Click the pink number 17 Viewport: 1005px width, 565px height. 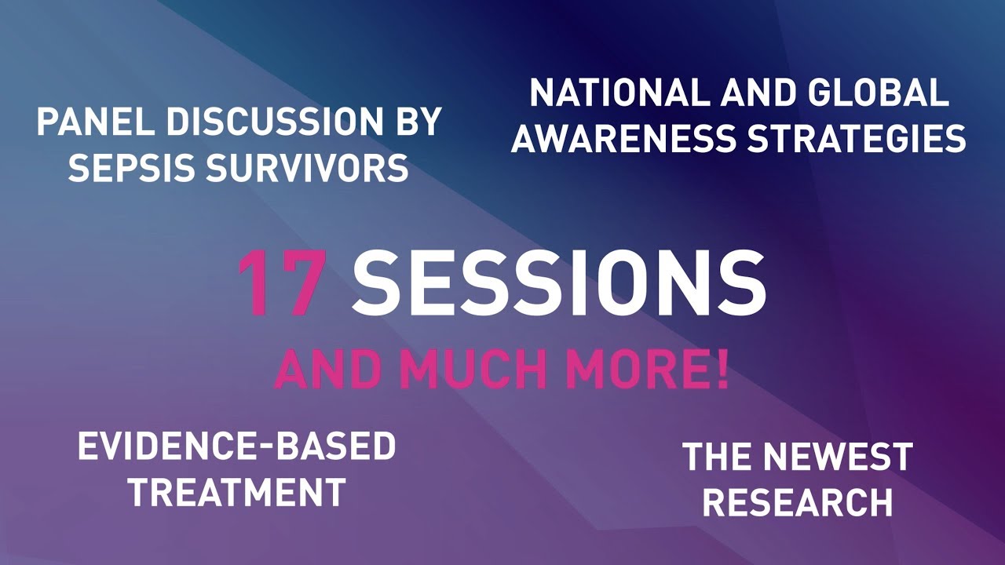coord(280,283)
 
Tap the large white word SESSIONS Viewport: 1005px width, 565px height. coord(558,283)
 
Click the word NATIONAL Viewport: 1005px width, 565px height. coord(620,93)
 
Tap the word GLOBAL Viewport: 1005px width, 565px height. coord(880,93)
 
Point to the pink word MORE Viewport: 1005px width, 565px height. coord(630,370)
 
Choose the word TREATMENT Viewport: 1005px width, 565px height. coord(237,491)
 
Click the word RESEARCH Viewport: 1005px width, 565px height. coord(798,502)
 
